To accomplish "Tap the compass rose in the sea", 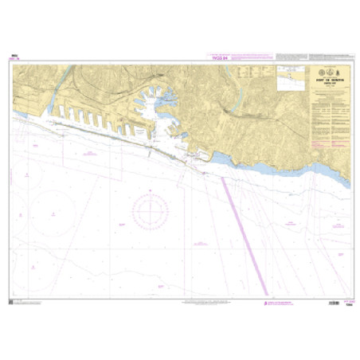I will (x=149, y=210).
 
